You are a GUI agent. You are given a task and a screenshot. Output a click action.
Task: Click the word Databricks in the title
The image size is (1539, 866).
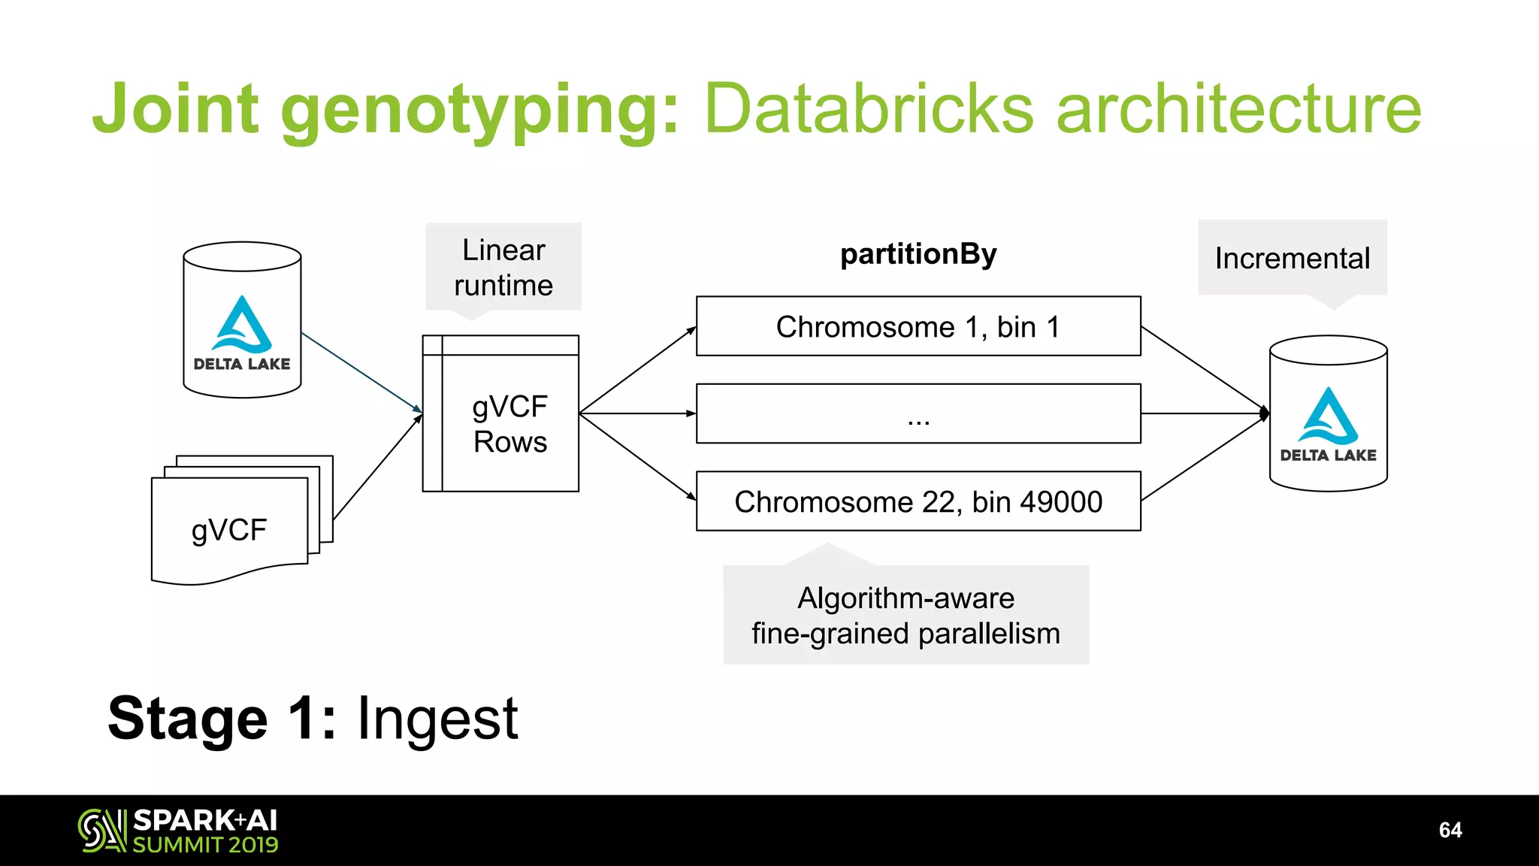click(869, 109)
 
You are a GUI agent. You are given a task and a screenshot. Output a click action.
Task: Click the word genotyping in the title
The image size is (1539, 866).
click(479, 111)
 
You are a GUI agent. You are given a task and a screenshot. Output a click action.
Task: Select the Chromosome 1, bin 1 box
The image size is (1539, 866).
click(918, 326)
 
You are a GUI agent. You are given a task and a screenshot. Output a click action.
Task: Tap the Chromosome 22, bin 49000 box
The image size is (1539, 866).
click(918, 501)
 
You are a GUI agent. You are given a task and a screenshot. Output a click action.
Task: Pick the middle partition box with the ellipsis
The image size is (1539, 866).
click(918, 413)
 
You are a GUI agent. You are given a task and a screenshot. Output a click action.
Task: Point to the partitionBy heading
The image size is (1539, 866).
click(918, 254)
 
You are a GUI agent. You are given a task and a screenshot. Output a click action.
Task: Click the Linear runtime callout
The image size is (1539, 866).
click(503, 268)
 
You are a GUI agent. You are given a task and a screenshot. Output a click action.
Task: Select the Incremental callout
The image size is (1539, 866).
click(1292, 258)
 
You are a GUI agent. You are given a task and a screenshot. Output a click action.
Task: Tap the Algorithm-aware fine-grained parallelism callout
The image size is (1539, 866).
click(906, 615)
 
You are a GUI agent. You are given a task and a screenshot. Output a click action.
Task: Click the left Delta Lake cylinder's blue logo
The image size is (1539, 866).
click(242, 324)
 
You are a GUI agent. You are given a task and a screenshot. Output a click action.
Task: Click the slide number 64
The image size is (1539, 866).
click(1450, 830)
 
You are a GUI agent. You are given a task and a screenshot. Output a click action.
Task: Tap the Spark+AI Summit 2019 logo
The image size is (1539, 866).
click(178, 831)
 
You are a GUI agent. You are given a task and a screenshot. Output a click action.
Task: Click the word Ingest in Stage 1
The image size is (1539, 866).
click(437, 719)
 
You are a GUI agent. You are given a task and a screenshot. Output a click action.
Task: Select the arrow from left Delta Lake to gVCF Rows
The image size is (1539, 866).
click(361, 373)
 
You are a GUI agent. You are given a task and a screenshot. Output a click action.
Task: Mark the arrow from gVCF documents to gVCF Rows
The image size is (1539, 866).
click(377, 467)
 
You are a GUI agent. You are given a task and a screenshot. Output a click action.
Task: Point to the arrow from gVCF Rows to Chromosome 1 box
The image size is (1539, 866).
click(637, 371)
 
